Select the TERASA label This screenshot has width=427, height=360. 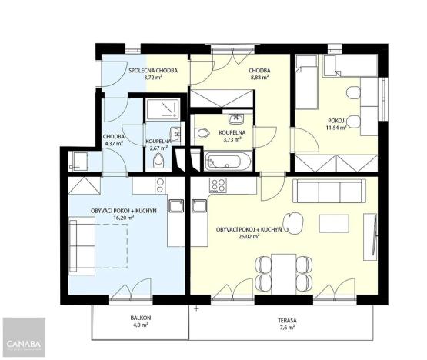(288, 319)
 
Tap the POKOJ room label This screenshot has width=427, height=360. (335, 120)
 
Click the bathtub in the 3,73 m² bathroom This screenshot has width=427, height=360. (228, 162)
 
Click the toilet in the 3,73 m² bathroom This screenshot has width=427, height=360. (202, 134)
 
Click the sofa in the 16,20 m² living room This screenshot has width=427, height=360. (80, 243)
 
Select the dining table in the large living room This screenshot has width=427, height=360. (283, 270)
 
